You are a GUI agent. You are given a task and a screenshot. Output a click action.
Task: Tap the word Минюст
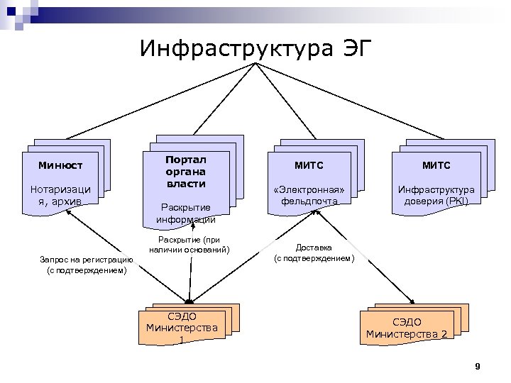pos(61,165)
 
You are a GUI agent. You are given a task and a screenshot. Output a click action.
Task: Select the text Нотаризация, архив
pos(61,194)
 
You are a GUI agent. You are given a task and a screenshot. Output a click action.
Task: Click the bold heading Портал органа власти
pos(186,172)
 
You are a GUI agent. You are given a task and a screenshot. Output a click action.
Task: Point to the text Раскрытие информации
pos(186,213)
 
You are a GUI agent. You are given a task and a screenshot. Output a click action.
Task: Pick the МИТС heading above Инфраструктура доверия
pos(436,165)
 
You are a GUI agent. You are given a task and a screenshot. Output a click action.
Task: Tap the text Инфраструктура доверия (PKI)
pos(436,195)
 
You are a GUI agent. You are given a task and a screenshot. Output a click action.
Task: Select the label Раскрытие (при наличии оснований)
pos(189,245)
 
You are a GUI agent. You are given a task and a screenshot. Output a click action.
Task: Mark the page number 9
pos(478,366)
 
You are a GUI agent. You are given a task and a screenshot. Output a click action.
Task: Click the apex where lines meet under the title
pos(254,63)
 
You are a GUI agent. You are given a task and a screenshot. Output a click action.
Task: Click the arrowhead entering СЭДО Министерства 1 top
pos(189,301)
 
